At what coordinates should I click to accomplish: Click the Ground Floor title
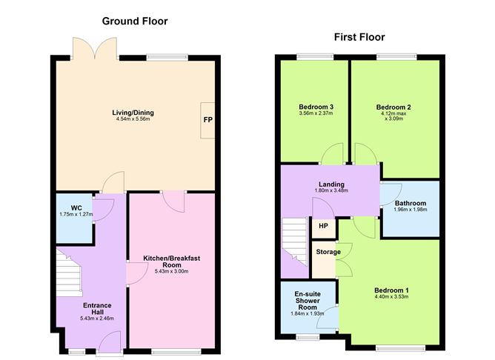pos(135,21)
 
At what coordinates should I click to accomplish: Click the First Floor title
pos(359,37)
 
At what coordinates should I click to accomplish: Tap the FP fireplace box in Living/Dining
pos(207,120)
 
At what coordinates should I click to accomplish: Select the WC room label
pos(76,208)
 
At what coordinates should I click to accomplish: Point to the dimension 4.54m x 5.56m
pos(133,119)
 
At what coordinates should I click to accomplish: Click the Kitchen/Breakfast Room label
pos(171,261)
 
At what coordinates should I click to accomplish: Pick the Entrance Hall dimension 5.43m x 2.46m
pos(97,319)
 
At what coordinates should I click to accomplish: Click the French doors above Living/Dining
pos(95,48)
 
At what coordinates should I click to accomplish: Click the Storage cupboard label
pos(328,252)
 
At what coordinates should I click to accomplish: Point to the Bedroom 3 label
pos(316,107)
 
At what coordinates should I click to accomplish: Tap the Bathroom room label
pos(411,203)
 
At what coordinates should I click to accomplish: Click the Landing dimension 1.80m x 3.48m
pos(331,190)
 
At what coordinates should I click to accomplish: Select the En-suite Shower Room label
pos(308,301)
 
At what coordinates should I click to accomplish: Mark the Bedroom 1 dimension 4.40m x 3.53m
pos(391,296)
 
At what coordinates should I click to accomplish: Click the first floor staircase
pos(295,242)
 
